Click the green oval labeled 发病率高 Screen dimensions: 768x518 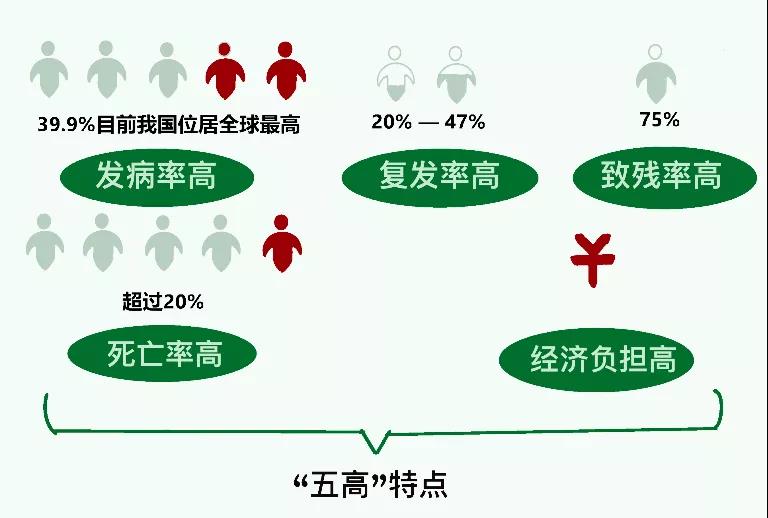coord(157,177)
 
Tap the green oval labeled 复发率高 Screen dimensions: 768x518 coord(440,177)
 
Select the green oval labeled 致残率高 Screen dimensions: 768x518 coord(665,177)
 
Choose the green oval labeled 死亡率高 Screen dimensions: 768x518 coord(162,353)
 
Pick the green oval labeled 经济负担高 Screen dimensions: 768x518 coord(597,359)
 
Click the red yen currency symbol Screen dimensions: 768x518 coord(593,260)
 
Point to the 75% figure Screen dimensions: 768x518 coord(659,119)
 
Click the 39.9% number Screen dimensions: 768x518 coord(66,124)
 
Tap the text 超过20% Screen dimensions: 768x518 coord(163,301)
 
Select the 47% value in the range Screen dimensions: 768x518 coord(465,121)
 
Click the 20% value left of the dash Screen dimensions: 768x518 coord(391,121)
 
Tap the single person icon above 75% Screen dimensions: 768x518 coord(656,73)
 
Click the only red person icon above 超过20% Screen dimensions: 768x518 coord(282,243)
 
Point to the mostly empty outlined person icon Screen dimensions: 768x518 coord(396,73)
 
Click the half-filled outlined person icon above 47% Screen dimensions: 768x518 coord(456,74)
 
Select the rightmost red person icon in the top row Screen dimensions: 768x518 coord(286,71)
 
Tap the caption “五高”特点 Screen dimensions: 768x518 coord(370,485)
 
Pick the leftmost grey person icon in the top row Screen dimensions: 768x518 coord(48,69)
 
